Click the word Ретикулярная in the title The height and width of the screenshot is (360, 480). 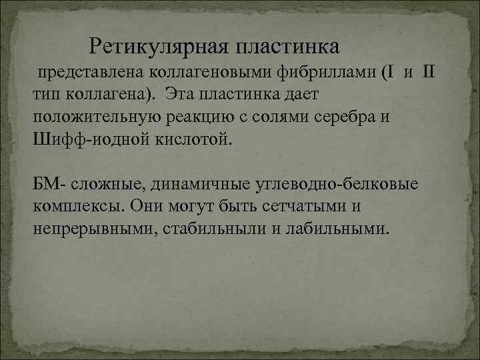point(157,47)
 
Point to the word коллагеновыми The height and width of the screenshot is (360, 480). point(187,71)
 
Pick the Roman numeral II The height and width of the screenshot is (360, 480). point(429,71)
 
